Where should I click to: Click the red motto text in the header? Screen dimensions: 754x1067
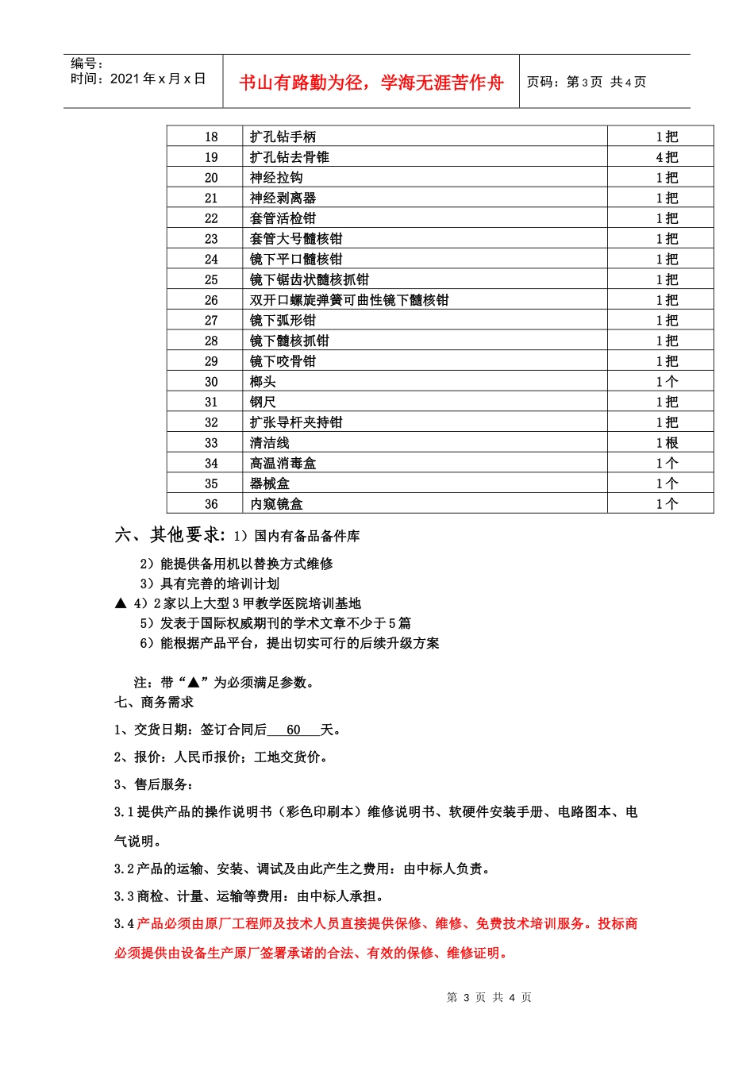[371, 83]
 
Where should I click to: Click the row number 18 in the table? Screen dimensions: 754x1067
[211, 137]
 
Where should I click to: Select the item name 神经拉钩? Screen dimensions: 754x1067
[276, 178]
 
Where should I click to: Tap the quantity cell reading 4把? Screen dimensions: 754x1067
[667, 157]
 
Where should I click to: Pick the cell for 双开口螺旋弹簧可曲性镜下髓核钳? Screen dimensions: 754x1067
[349, 300]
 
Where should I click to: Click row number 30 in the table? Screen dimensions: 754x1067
[211, 382]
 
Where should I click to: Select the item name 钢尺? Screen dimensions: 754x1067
[263, 403]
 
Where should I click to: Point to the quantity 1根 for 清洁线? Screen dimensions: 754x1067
[667, 443]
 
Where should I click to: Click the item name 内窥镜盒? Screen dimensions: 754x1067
[276, 504]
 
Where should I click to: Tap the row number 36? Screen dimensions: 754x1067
[211, 504]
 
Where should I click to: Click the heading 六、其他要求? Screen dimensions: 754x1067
[170, 535]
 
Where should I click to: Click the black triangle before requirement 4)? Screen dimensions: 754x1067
[121, 603]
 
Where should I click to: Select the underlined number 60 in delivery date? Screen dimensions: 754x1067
[294, 730]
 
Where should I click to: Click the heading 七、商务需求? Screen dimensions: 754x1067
[154, 702]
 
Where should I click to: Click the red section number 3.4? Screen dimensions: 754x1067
[124, 923]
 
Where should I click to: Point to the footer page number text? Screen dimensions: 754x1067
[489, 997]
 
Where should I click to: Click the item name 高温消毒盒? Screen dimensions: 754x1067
[283, 464]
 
